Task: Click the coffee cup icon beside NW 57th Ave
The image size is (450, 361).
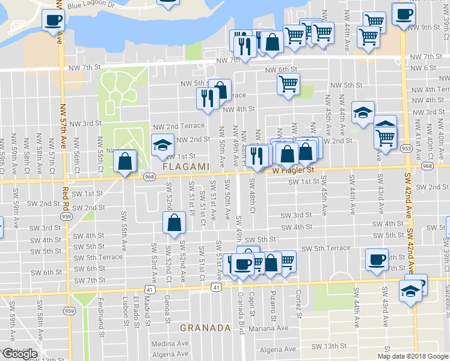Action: (x=53, y=20)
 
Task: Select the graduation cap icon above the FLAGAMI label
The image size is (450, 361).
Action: (x=162, y=144)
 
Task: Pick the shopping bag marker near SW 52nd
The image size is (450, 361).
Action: (x=173, y=223)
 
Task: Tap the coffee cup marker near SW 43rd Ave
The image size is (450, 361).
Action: (x=377, y=259)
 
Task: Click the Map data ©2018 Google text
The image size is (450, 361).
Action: (x=412, y=356)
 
